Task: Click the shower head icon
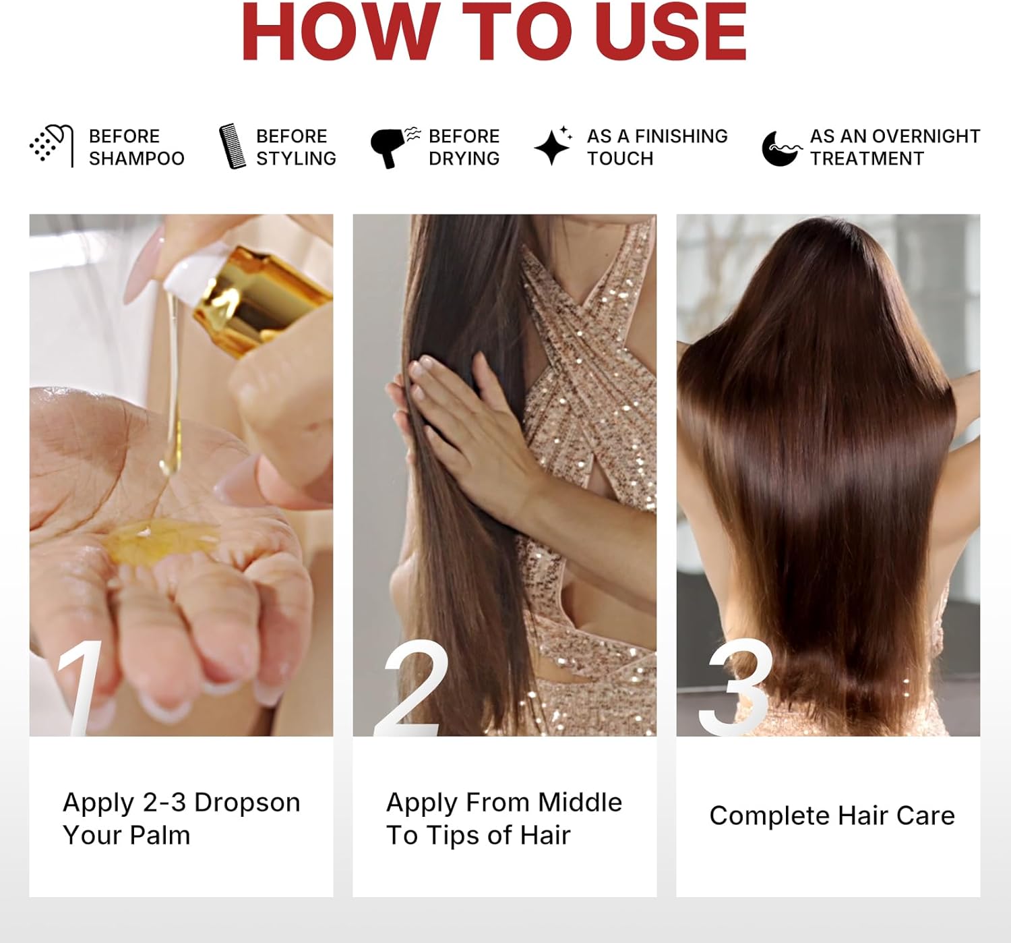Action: click(x=51, y=146)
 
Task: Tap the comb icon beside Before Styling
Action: click(x=233, y=146)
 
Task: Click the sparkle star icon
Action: click(x=553, y=146)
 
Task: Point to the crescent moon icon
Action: click(x=780, y=148)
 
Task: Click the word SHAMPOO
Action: click(x=137, y=159)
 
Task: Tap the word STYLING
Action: click(x=296, y=159)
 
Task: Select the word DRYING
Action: click(x=464, y=159)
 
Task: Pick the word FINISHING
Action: click(x=681, y=136)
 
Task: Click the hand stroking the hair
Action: click(x=465, y=432)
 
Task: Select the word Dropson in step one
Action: click(x=247, y=803)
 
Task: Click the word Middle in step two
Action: click(x=580, y=803)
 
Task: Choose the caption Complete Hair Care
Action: click(x=832, y=816)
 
